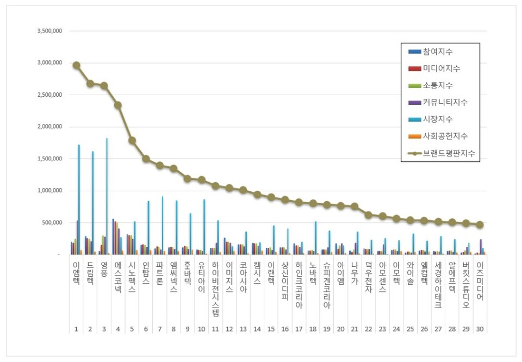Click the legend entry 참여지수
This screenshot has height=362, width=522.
(x=438, y=52)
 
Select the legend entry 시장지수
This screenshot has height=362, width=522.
(x=438, y=119)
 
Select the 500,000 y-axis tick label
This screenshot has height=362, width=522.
(x=52, y=223)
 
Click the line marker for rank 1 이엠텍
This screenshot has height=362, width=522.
(x=77, y=65)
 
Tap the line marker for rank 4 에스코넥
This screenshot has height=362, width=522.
(x=118, y=105)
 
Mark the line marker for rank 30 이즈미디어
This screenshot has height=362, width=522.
(x=480, y=224)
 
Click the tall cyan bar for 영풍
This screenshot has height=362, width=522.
(x=107, y=196)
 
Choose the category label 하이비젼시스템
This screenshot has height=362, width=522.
(x=215, y=288)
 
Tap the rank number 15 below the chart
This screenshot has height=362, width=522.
(x=271, y=329)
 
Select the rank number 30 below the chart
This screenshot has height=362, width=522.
(x=480, y=329)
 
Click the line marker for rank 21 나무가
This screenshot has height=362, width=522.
(x=355, y=207)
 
